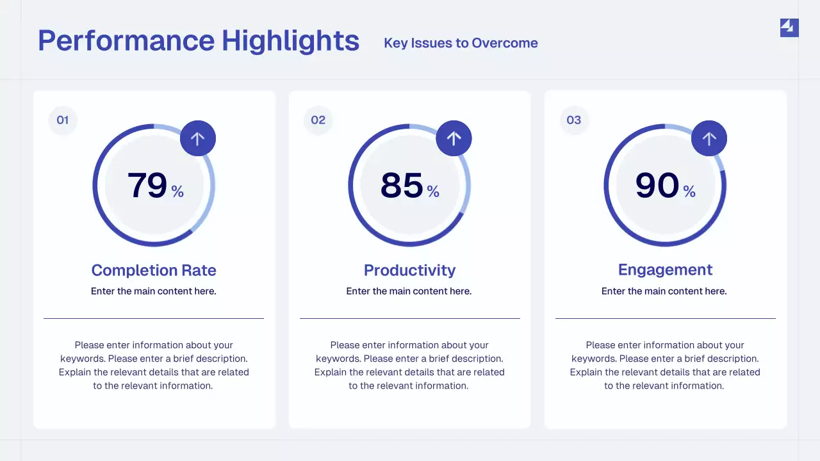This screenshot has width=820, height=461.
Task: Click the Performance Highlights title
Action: click(x=199, y=40)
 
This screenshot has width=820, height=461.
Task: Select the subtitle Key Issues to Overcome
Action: click(x=461, y=43)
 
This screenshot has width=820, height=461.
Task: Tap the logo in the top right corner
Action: click(x=789, y=28)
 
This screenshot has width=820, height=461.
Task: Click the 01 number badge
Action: click(x=63, y=120)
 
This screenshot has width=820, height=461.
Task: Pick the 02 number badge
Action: click(x=318, y=120)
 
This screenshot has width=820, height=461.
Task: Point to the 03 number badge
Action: click(x=574, y=120)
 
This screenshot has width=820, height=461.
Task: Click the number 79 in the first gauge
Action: click(x=147, y=185)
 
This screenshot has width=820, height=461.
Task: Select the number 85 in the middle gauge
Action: click(x=402, y=185)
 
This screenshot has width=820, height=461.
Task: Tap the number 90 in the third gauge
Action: click(x=657, y=185)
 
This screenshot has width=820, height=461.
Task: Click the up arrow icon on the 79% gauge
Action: click(x=198, y=138)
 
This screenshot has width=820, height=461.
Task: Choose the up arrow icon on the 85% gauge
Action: click(x=454, y=138)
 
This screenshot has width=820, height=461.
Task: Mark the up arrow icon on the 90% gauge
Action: click(x=709, y=138)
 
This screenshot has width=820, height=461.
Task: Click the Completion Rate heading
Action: click(x=154, y=270)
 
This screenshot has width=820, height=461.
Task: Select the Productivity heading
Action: click(x=409, y=270)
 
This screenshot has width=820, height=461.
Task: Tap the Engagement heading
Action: click(x=665, y=270)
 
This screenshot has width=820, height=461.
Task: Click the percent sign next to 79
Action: click(x=177, y=191)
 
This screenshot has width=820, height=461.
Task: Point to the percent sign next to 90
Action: click(x=689, y=191)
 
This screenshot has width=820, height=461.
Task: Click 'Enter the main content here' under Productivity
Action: click(x=409, y=291)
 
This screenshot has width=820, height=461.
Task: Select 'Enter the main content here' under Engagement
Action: click(x=664, y=291)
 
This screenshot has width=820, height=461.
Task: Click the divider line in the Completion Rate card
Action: click(x=154, y=318)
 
